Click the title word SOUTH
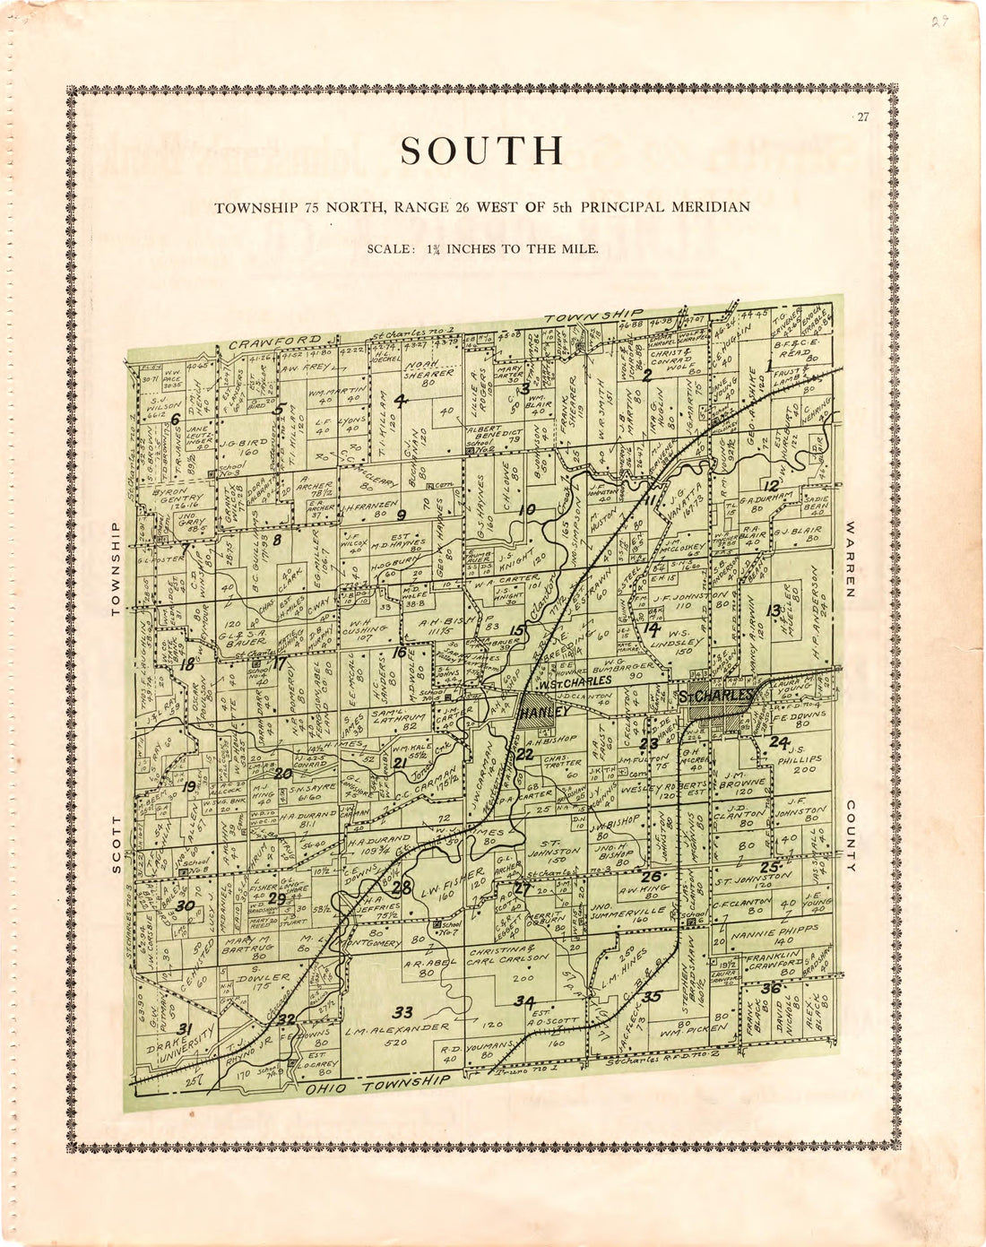[482, 152]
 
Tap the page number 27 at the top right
[862, 117]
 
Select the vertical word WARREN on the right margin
[851, 559]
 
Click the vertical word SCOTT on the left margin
[116, 844]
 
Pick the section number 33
[403, 1012]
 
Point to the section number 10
[528, 509]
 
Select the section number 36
[770, 988]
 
